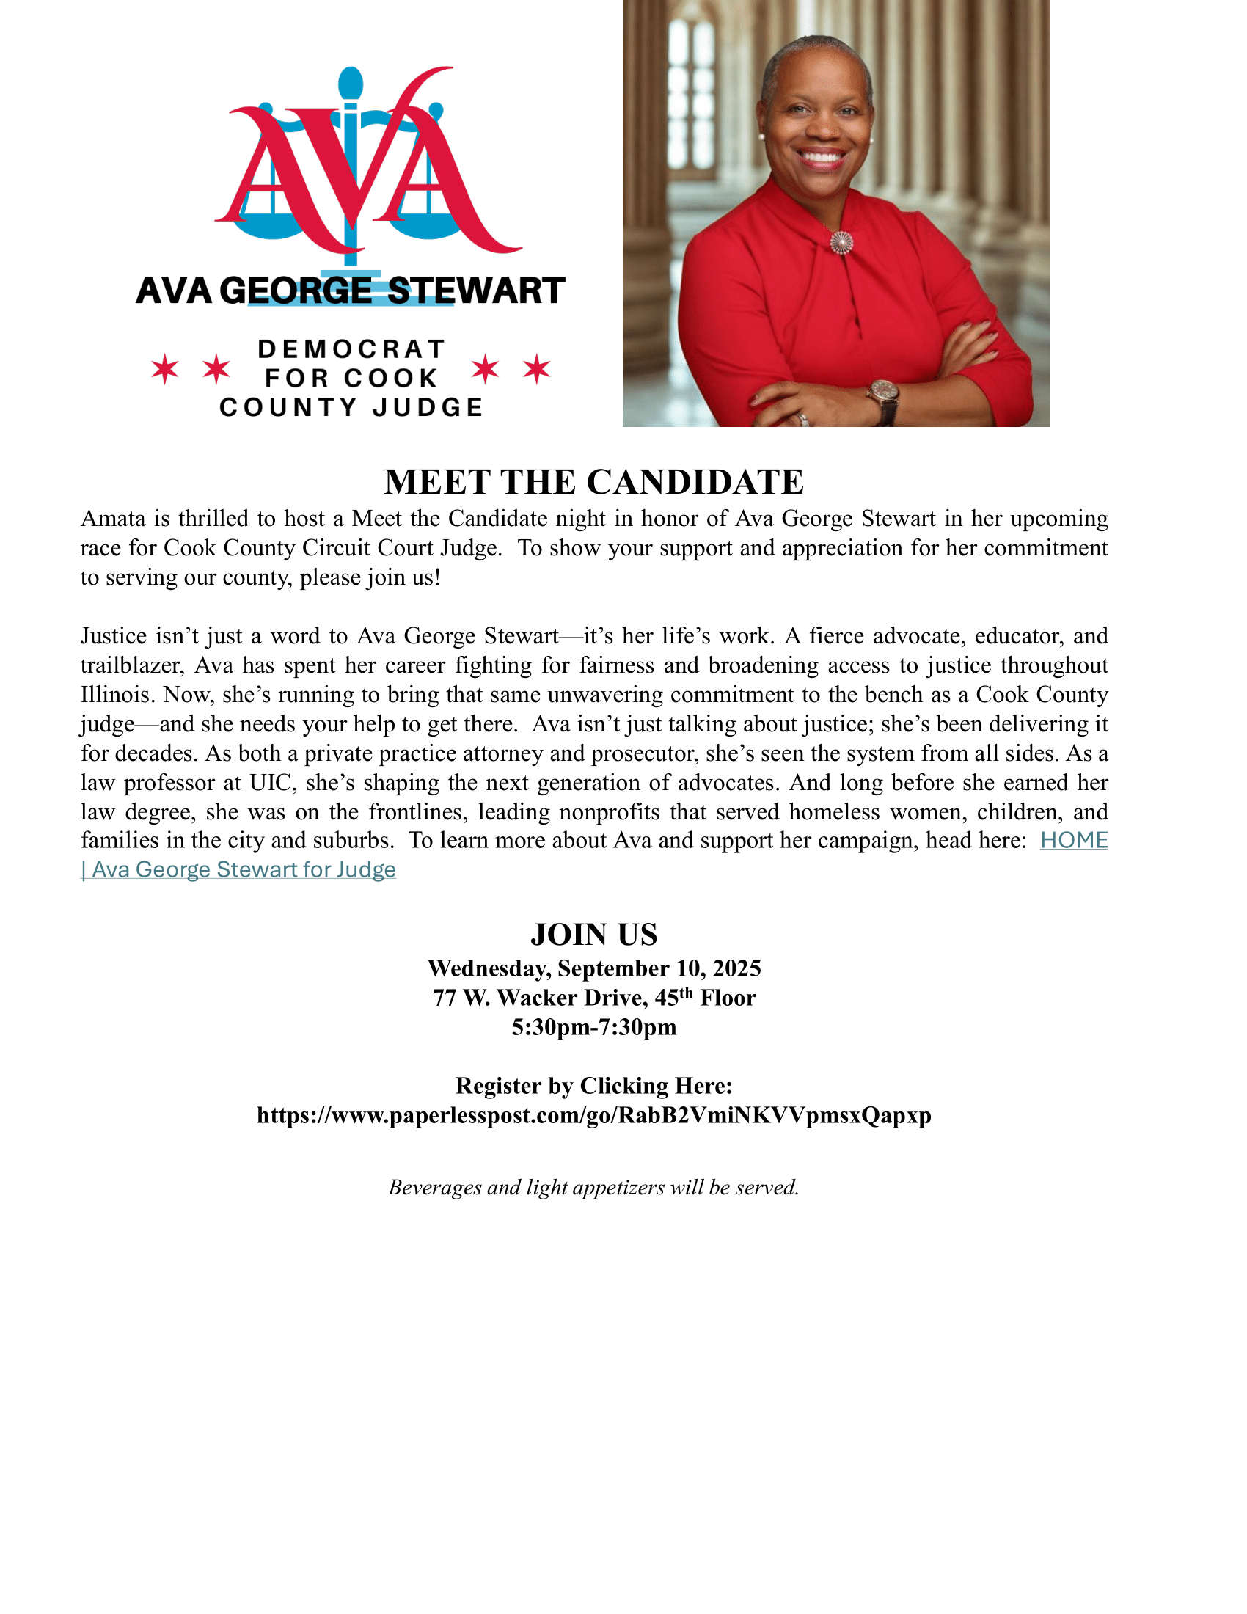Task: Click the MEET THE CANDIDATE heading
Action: click(x=593, y=482)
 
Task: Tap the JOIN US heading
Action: click(x=593, y=935)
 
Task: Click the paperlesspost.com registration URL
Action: click(x=593, y=1115)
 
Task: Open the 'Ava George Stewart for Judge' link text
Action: click(x=244, y=870)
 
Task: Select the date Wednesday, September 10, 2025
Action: click(x=593, y=968)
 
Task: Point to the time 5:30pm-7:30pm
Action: click(x=593, y=1027)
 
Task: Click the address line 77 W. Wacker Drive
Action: click(x=593, y=998)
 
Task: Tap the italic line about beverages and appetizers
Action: click(x=593, y=1188)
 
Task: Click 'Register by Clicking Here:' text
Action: click(x=593, y=1086)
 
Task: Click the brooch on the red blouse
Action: click(x=841, y=241)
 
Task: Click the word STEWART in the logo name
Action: click(x=477, y=291)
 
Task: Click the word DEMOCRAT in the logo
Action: click(x=351, y=348)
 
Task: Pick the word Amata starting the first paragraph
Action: click(x=113, y=519)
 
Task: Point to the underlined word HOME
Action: click(x=1073, y=840)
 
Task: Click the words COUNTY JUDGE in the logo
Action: click(x=351, y=407)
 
